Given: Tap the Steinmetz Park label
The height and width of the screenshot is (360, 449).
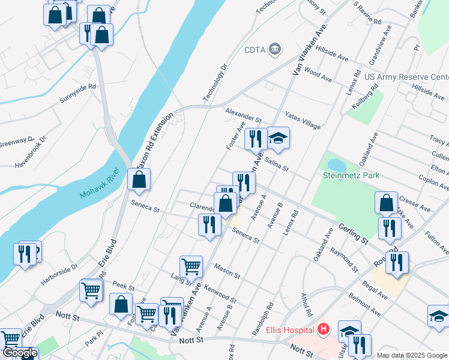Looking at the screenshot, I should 351,175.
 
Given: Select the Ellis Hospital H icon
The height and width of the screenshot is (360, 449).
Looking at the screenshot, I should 324,329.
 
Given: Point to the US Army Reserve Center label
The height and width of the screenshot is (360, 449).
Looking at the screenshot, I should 406,77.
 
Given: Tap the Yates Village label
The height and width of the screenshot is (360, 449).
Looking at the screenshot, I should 303,119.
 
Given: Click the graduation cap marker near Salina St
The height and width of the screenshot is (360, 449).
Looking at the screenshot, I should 278,138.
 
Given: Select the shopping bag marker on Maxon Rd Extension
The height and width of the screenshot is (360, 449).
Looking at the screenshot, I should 139,179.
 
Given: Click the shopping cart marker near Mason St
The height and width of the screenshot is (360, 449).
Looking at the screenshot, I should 191,265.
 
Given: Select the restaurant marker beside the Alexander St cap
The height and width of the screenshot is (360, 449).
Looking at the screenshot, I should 256,138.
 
